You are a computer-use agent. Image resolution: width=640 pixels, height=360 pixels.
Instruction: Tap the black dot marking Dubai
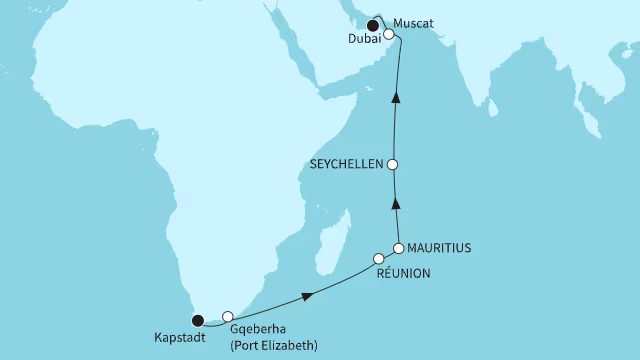373,26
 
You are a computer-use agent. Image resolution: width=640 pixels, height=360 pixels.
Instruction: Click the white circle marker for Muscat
389,33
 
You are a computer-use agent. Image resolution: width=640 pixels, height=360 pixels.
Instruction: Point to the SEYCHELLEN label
345,166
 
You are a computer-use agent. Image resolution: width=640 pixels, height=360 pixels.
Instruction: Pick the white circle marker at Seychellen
394,165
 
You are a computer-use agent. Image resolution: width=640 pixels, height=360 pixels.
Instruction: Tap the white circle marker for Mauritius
398,247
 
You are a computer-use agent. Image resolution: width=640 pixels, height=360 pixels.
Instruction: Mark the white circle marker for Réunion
378,259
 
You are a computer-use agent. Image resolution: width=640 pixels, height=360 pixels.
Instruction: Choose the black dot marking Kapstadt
198,321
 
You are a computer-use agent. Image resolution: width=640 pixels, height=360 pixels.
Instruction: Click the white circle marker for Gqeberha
228,316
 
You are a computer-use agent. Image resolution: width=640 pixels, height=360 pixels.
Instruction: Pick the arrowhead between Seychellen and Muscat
396,97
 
